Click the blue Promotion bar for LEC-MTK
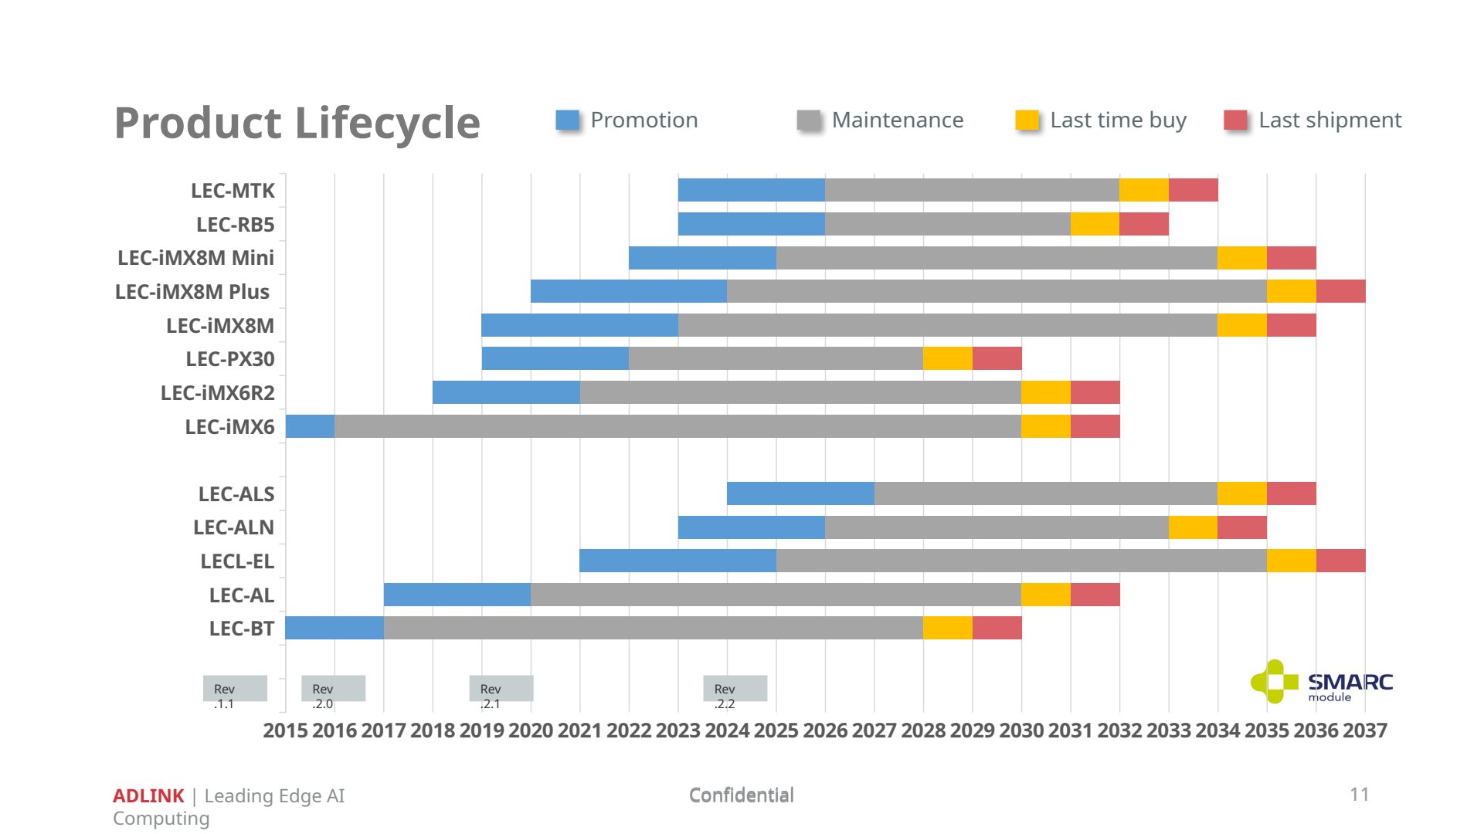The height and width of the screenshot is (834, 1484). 752,190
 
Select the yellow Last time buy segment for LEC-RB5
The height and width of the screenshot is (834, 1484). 1095,224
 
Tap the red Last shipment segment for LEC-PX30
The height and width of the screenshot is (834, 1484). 997,358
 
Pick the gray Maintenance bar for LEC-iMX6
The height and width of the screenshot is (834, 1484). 677,426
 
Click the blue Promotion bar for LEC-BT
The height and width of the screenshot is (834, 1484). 334,628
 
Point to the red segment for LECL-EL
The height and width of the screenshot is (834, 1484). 1341,561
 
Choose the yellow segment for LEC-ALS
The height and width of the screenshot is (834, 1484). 1242,493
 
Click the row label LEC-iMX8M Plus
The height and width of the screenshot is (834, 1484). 192,292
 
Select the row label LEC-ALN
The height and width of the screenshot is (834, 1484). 233,527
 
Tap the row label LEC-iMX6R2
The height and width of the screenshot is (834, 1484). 217,393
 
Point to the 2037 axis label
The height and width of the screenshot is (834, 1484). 1365,731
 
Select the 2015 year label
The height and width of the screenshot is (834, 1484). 285,731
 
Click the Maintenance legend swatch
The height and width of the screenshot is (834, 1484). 809,120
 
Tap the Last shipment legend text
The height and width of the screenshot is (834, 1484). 1329,120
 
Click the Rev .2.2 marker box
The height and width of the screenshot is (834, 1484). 735,689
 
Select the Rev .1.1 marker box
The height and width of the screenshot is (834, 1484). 235,689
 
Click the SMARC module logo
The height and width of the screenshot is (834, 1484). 1322,682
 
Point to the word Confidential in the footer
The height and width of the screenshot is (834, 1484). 742,795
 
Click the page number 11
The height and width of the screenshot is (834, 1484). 1360,795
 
